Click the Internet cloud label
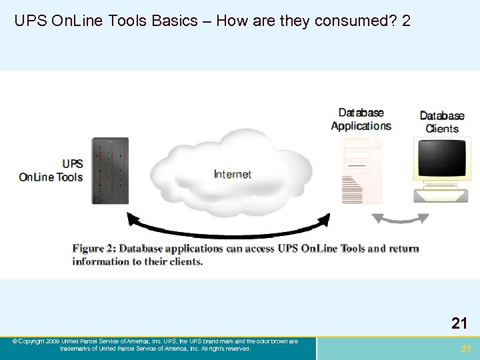click(x=233, y=175)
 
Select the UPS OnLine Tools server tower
click(x=110, y=171)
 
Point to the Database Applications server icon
click(x=362, y=171)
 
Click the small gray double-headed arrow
click(x=400, y=219)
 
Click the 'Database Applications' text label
click(x=361, y=119)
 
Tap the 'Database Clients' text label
click(x=442, y=122)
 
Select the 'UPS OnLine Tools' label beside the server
click(x=52, y=171)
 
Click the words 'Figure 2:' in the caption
click(x=94, y=249)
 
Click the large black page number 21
click(x=459, y=324)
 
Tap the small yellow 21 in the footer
click(x=466, y=349)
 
